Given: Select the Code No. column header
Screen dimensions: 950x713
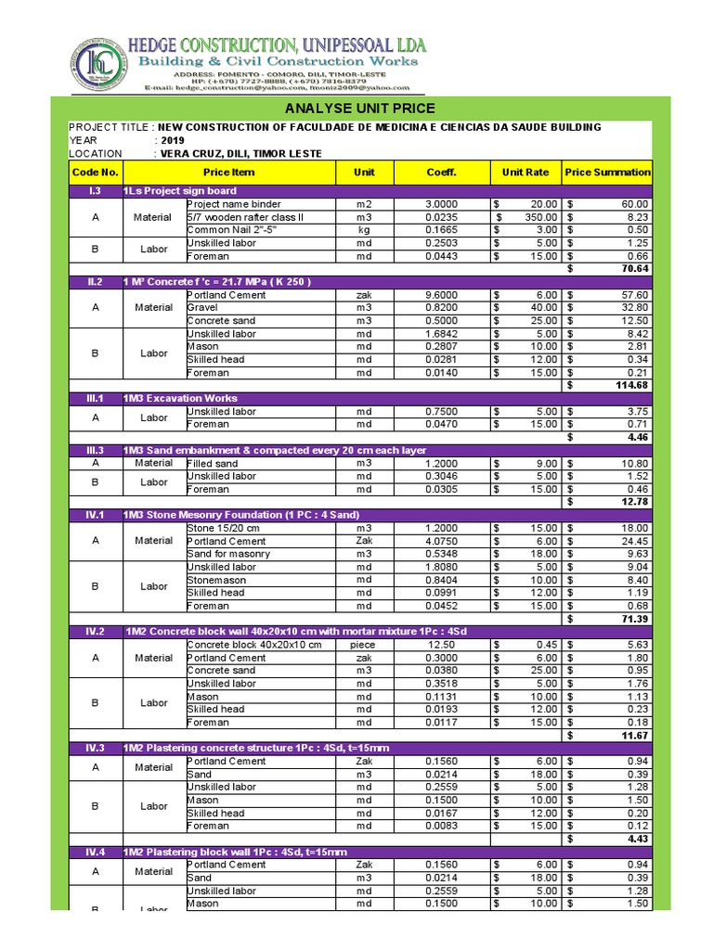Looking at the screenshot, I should pyautogui.click(x=95, y=173).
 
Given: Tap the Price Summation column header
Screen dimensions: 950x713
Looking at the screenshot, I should pyautogui.click(x=608, y=173).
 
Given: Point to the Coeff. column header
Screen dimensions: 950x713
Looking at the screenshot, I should pyautogui.click(x=441, y=173).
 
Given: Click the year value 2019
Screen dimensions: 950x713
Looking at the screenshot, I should pyautogui.click(x=174, y=140).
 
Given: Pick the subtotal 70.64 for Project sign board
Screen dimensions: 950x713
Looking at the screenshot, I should pyautogui.click(x=634, y=269).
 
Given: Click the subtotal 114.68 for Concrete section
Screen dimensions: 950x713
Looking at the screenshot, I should pyautogui.click(x=631, y=386).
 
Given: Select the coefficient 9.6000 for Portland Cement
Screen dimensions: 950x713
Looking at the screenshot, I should pyautogui.click(x=441, y=295).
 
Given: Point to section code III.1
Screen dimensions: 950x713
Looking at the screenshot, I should pyautogui.click(x=95, y=398).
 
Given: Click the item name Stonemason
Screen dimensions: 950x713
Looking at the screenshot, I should pyautogui.click(x=217, y=580).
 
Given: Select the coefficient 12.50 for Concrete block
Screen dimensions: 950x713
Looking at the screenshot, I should pyautogui.click(x=441, y=645).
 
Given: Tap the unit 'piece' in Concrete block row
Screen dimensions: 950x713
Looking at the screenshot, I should pyautogui.click(x=363, y=645).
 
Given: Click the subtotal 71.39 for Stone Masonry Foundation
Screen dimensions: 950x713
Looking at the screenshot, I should pyautogui.click(x=634, y=619).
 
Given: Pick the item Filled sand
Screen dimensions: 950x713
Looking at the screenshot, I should pyautogui.click(x=213, y=463).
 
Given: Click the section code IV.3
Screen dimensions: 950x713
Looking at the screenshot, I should pyautogui.click(x=95, y=749).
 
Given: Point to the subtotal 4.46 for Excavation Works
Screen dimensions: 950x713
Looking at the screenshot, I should pyautogui.click(x=637, y=437).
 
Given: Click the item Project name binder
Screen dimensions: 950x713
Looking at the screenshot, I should pyautogui.click(x=234, y=204).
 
